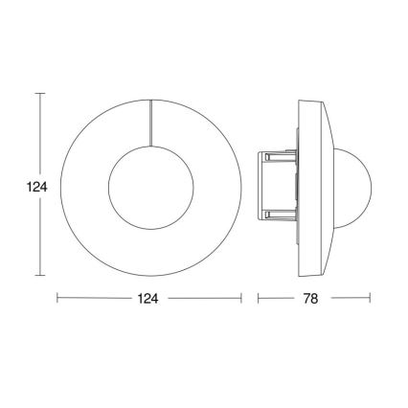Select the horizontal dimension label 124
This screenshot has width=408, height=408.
(x=149, y=299)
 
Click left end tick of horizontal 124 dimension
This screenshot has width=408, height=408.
(x=58, y=299)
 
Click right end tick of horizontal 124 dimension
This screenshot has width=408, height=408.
(x=240, y=299)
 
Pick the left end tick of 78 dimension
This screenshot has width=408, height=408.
(x=259, y=299)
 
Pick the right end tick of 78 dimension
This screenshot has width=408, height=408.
(x=370, y=299)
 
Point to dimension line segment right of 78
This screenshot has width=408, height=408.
(x=349, y=299)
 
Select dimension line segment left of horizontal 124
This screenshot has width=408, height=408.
(x=96, y=299)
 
